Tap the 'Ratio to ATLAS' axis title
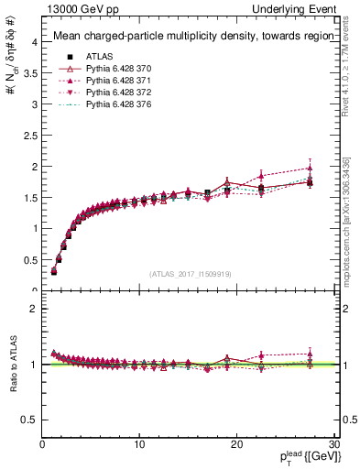[x=14, y=364]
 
